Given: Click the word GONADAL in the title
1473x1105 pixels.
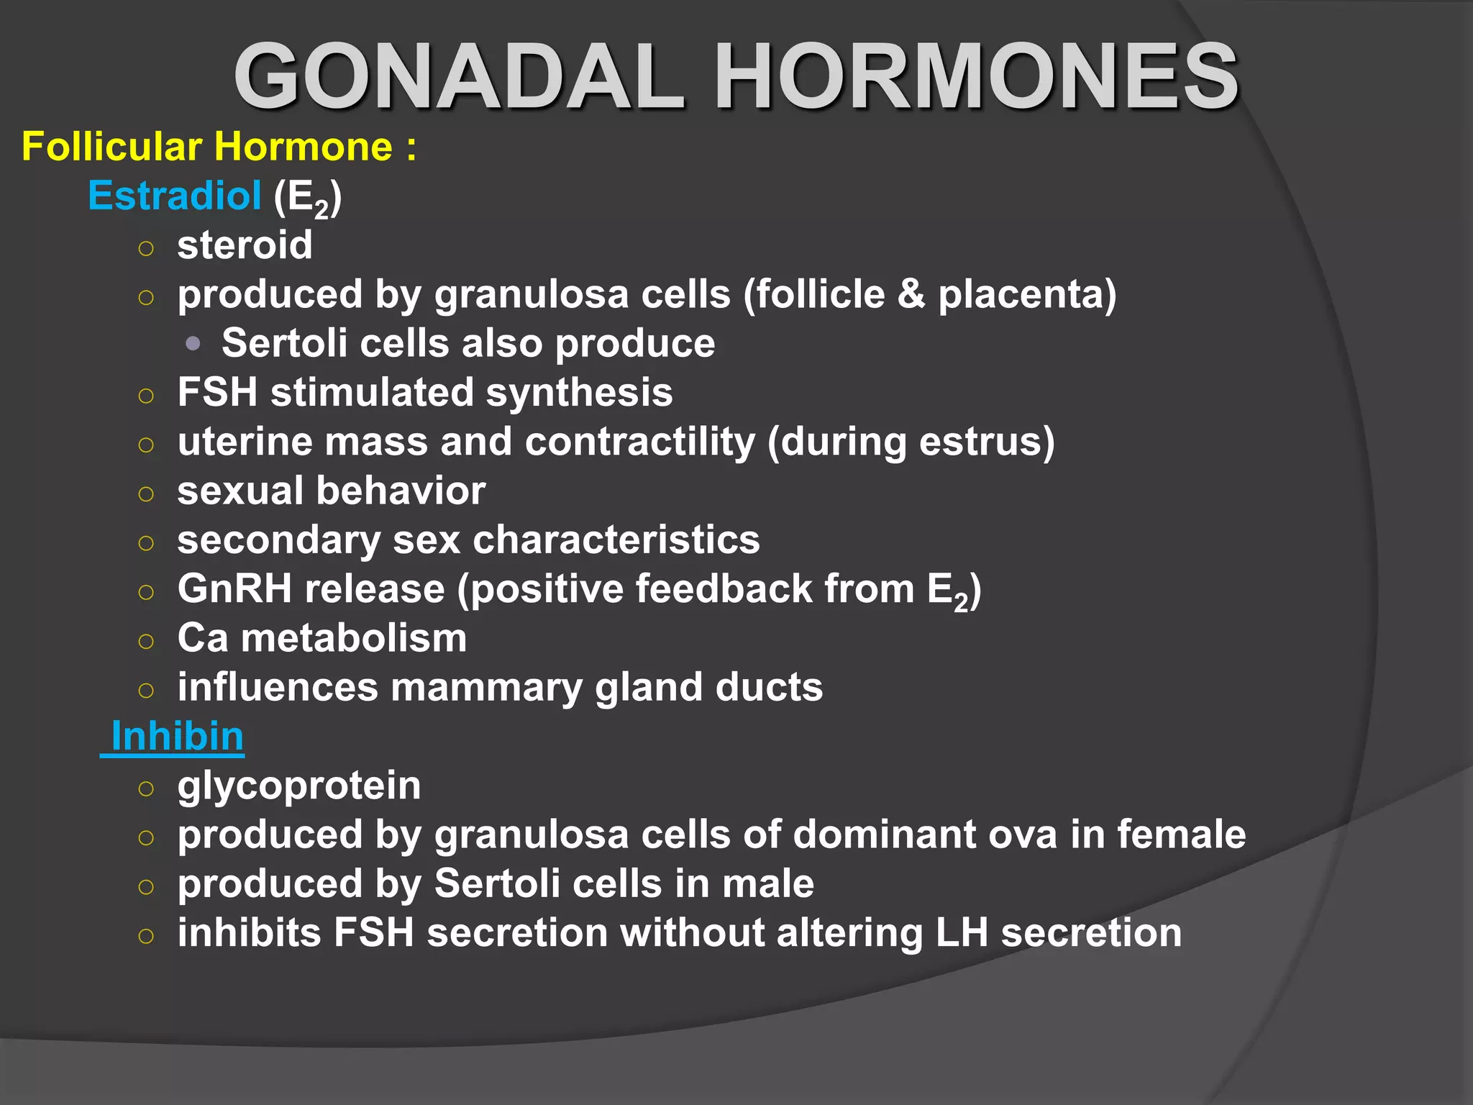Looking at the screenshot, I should [x=459, y=76].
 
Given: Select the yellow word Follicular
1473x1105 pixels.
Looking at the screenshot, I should [x=111, y=147].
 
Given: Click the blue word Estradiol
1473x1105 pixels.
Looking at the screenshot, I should [x=174, y=196].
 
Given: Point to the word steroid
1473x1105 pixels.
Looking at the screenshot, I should [x=245, y=245].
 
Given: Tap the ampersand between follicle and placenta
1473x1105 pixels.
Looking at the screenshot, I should [x=911, y=295].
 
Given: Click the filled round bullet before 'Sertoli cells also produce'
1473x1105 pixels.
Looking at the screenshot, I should [x=192, y=344].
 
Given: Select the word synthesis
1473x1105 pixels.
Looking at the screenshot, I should [x=579, y=393].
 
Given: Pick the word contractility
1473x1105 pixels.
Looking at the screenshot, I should [x=639, y=442].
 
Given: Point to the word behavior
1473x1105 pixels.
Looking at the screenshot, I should [x=401, y=491].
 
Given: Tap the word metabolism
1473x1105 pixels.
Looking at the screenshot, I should [x=354, y=639].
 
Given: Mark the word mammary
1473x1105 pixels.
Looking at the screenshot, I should [x=486, y=688].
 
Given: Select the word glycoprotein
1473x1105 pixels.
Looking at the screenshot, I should [x=299, y=786].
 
